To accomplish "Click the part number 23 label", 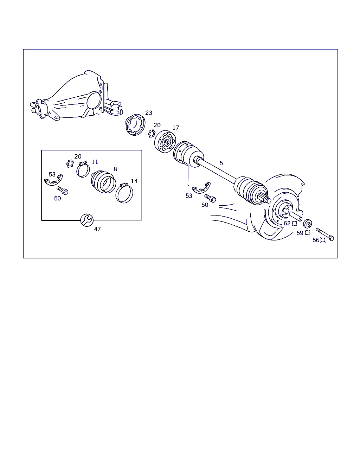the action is pos(148,113).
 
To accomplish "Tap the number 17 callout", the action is pos(176,128).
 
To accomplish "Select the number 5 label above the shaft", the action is pos(221,163).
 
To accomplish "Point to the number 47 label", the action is pos(97,229).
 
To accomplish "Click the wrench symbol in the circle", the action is pos(87,220).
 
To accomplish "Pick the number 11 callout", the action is pos(95,162).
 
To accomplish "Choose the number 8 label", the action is pos(115,169).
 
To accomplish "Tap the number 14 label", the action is pos(134,181).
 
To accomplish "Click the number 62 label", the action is pos(287,223).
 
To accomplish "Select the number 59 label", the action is pos(300,233).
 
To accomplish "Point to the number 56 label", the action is pos(316,240).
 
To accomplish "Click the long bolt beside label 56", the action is pos(325,234).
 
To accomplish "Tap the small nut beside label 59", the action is pos(308,224).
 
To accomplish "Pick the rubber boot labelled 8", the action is pos(103,181).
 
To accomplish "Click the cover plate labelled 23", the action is pos(135,124).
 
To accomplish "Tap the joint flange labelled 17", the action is pos(165,142).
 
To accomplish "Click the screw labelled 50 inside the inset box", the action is pos(63,190).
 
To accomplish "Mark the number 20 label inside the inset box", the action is pos(78,156).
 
